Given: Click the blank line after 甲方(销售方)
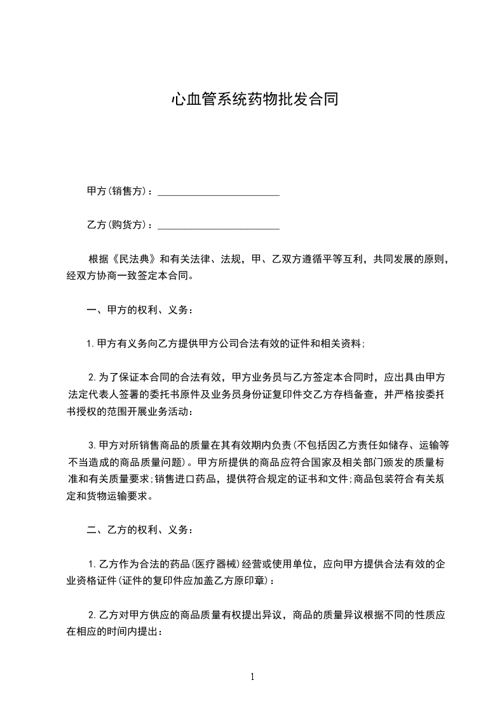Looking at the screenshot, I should [218, 191].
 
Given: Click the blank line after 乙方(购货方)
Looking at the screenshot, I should [218, 225].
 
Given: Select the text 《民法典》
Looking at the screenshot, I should [134, 259].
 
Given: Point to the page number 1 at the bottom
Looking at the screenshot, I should [252, 677].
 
